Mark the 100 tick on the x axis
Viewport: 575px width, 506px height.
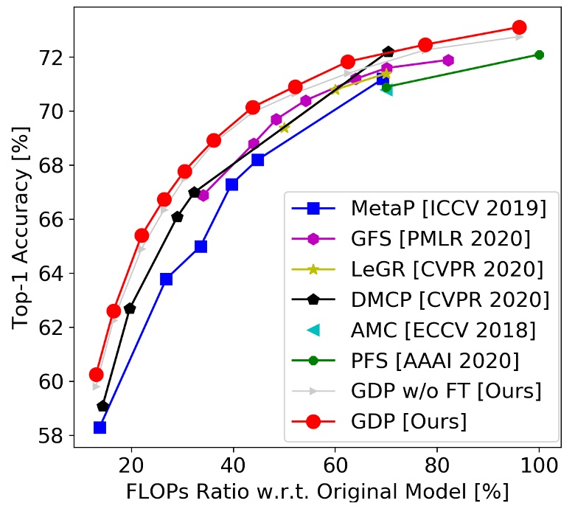(x=538, y=465)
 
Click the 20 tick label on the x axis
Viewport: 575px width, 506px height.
(x=131, y=465)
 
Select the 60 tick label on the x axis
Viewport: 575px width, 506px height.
(x=335, y=465)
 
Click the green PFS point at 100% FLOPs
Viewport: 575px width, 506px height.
(x=539, y=55)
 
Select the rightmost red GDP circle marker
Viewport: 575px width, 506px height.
(x=519, y=27)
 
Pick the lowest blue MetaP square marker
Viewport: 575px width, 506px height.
(x=100, y=427)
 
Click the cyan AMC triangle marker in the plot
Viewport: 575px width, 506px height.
(x=387, y=90)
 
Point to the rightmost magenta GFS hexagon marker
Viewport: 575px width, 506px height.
(x=448, y=60)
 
